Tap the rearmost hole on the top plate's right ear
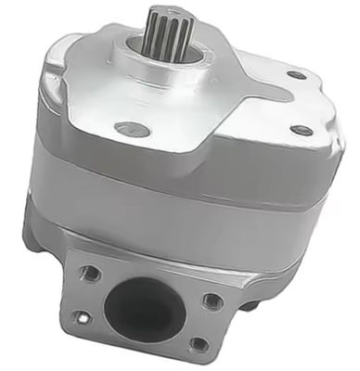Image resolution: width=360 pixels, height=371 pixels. (296, 75)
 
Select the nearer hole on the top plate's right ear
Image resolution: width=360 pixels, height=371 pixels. (302, 131)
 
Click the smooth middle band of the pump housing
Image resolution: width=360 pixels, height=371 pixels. (186, 209)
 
